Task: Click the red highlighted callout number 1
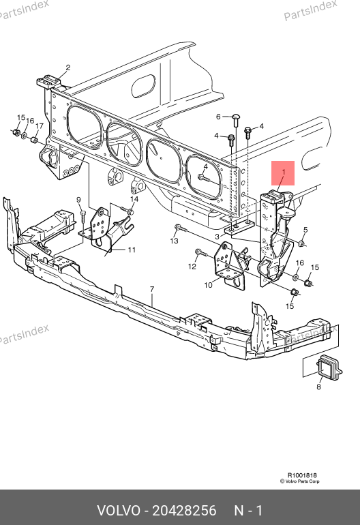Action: point(284,172)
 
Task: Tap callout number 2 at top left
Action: point(68,67)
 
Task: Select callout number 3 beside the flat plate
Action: point(217,237)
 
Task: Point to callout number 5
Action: point(305,230)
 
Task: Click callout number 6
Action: point(218,117)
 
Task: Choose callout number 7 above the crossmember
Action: point(152,289)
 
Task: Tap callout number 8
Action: point(318,387)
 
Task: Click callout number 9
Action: point(78,200)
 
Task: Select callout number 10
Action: point(209,285)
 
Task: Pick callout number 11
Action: point(132,250)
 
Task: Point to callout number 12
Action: point(192,267)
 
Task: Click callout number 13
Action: point(174,241)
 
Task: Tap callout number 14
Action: point(134,199)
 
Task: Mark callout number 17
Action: point(39,126)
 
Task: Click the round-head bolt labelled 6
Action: point(236,119)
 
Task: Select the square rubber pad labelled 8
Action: point(329,367)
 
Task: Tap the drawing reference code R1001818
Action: point(302,475)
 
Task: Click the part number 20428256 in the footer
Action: point(184,511)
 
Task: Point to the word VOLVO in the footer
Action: point(119,511)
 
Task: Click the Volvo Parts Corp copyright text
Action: point(300,481)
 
